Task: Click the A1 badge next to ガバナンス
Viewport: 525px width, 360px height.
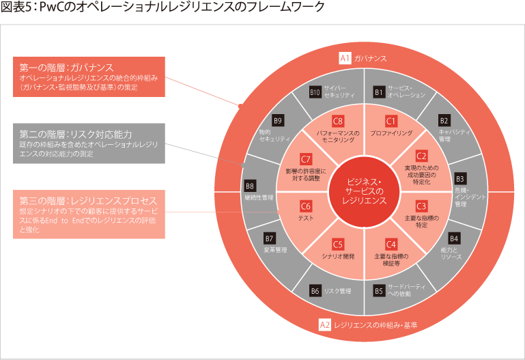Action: (345, 59)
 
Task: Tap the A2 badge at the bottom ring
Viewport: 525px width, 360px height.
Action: (325, 325)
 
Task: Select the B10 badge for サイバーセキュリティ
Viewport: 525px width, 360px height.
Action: (315, 92)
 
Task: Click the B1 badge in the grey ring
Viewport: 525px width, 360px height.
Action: (378, 92)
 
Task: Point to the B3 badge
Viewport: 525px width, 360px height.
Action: (459, 179)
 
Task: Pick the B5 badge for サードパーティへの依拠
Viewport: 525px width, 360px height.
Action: (378, 290)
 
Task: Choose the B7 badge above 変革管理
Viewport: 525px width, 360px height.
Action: (269, 238)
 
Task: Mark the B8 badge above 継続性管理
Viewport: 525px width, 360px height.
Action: (250, 186)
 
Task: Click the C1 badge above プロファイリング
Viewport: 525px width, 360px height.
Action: (391, 121)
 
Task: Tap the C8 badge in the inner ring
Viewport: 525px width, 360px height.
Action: (337, 121)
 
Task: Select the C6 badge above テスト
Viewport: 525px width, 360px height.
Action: (306, 206)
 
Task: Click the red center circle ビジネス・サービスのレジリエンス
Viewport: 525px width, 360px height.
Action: (364, 191)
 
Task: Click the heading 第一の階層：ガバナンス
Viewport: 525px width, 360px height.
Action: (66, 68)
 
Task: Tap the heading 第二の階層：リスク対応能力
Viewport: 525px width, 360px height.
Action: (75, 133)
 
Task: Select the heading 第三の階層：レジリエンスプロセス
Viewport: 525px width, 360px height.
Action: (88, 200)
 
